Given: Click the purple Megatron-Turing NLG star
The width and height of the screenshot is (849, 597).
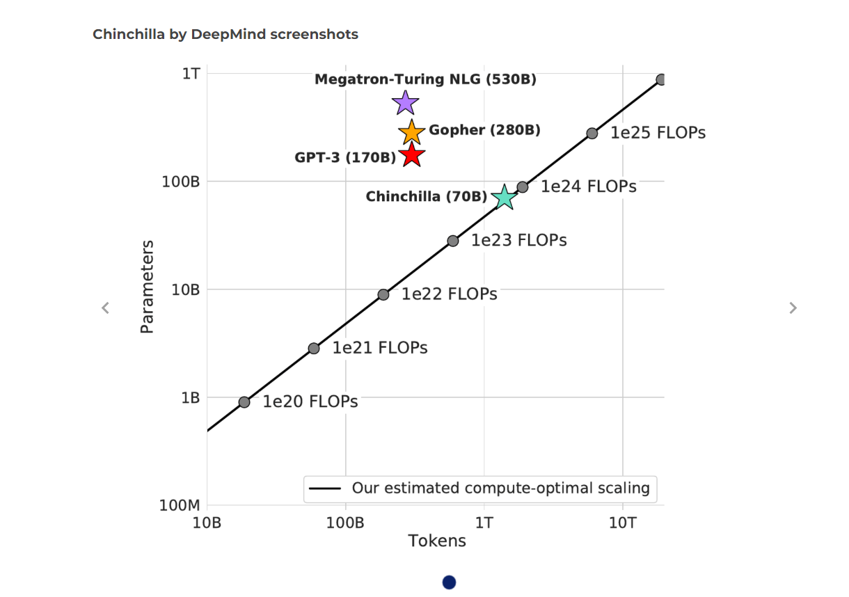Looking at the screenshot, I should point(405,103).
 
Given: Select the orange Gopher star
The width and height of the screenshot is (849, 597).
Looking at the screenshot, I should point(411,132).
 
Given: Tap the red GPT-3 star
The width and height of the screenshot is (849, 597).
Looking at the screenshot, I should point(411,154).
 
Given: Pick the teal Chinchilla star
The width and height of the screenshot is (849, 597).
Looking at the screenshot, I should point(504,198).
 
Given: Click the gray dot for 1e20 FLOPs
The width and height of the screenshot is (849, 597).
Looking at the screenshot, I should point(244,402).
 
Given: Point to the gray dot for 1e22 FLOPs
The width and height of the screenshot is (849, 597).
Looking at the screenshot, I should point(383,294).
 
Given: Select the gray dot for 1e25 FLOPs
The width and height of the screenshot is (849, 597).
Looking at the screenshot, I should point(592,134).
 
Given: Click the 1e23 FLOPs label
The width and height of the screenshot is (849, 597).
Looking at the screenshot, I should point(518,241).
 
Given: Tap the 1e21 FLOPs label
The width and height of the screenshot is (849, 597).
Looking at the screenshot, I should point(379,348).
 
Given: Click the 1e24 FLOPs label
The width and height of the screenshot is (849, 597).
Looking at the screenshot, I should point(588,186).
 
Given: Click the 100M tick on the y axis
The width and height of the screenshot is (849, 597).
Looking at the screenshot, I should point(180,506).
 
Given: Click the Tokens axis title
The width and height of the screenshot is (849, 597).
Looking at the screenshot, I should point(436,541).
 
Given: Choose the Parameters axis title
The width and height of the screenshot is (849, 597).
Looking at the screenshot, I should point(147,287).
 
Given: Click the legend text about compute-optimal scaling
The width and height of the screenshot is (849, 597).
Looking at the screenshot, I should point(500,488).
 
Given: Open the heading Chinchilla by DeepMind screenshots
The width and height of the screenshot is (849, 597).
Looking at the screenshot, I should point(225,34).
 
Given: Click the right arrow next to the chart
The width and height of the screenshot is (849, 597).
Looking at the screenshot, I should point(793,308).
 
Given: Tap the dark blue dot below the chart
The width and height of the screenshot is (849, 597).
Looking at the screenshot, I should point(449,582).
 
